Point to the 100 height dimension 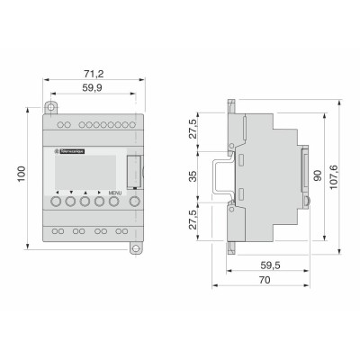coord(19,172)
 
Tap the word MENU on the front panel coord(114,193)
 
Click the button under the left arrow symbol coord(56,203)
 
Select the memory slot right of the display coord(134,171)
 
